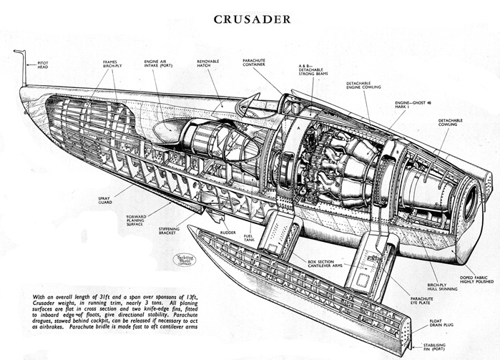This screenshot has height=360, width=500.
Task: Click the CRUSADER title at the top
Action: coord(252,19)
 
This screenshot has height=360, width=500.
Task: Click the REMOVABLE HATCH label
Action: coord(209,64)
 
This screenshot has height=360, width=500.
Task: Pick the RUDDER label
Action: coord(228,232)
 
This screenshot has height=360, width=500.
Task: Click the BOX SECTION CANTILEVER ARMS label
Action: coord(313,263)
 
